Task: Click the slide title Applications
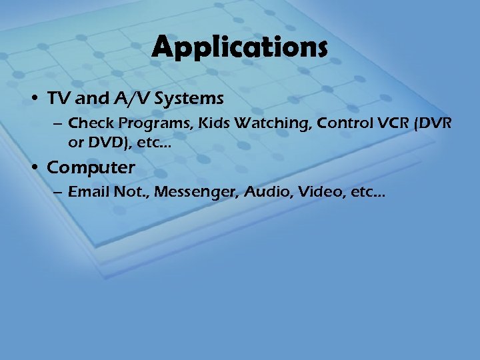coord(240,48)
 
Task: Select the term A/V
coord(121,99)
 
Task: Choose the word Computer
coord(91,167)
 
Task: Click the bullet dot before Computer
coord(36,168)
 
